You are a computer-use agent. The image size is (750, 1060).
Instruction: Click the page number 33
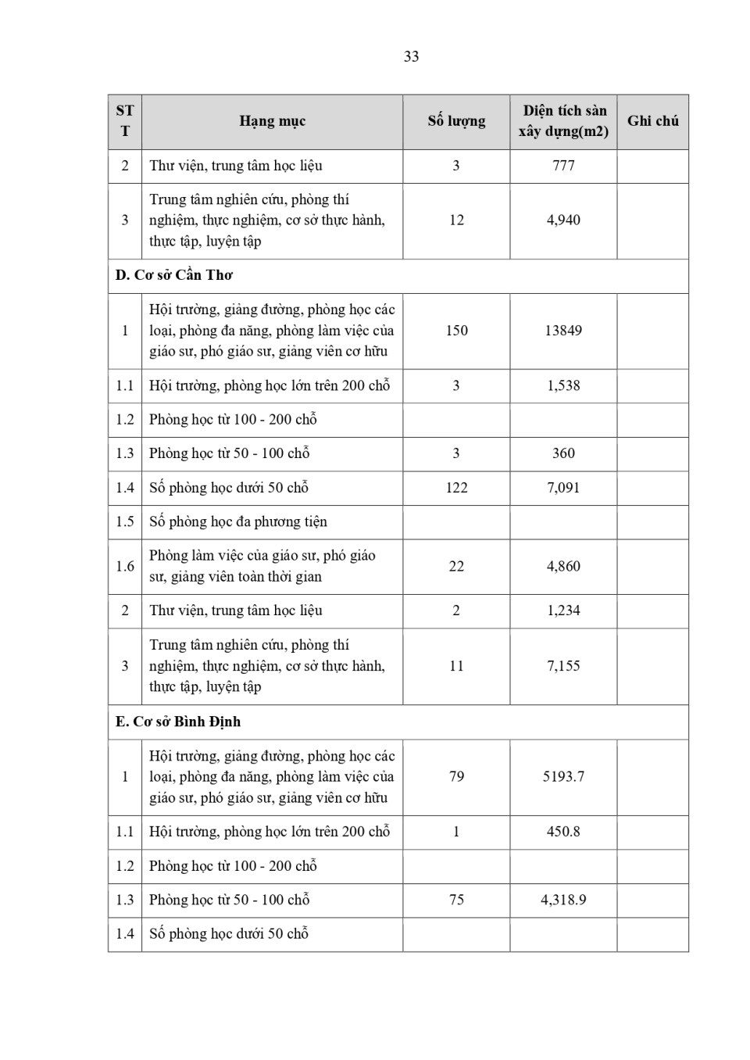point(411,56)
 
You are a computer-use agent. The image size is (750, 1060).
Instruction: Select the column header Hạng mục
point(272,121)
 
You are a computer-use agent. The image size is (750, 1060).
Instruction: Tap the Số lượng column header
point(456,121)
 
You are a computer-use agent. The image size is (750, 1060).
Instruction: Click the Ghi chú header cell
point(652,121)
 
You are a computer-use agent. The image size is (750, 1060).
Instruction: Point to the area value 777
point(563,166)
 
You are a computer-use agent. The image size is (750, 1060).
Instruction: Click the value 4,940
point(563,220)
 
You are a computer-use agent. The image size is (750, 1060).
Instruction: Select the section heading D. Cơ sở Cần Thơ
point(174,275)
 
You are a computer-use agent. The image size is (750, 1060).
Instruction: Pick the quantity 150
point(456,331)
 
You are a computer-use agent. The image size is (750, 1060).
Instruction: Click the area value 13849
point(563,331)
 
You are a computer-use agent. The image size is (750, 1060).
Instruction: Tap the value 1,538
point(563,385)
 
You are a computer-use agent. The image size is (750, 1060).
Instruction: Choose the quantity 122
point(456,488)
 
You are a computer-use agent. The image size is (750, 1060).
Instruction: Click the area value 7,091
point(563,488)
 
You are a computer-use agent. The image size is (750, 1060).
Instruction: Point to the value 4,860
point(563,566)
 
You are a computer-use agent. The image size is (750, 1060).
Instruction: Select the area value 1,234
point(563,611)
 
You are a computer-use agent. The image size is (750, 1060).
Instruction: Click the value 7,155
point(563,666)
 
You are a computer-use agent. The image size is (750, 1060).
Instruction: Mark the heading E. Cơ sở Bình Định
point(178,722)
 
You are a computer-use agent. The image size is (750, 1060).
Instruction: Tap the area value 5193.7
point(563,777)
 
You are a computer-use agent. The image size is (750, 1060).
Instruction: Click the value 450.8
point(563,832)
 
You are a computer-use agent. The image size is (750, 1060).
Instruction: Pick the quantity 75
point(456,900)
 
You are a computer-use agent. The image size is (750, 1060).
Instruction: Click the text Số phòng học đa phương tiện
point(238,521)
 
